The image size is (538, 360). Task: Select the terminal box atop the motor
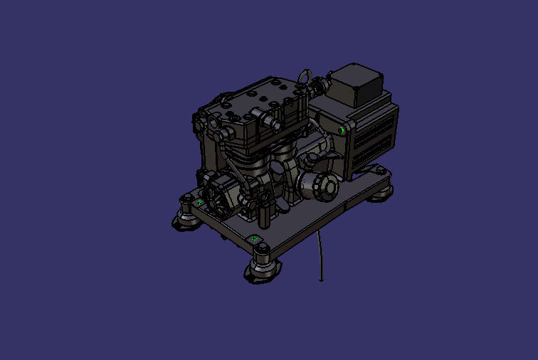click(x=355, y=83)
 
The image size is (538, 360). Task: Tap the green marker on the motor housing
click(x=342, y=130)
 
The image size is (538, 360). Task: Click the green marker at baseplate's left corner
click(x=199, y=203)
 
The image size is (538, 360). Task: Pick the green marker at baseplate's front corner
click(x=255, y=238)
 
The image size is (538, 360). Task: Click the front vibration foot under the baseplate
click(x=263, y=268)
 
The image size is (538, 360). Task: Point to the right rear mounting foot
click(x=379, y=190)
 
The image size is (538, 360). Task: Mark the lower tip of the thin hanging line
click(x=321, y=280)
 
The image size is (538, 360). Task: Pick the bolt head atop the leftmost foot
click(x=186, y=198)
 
